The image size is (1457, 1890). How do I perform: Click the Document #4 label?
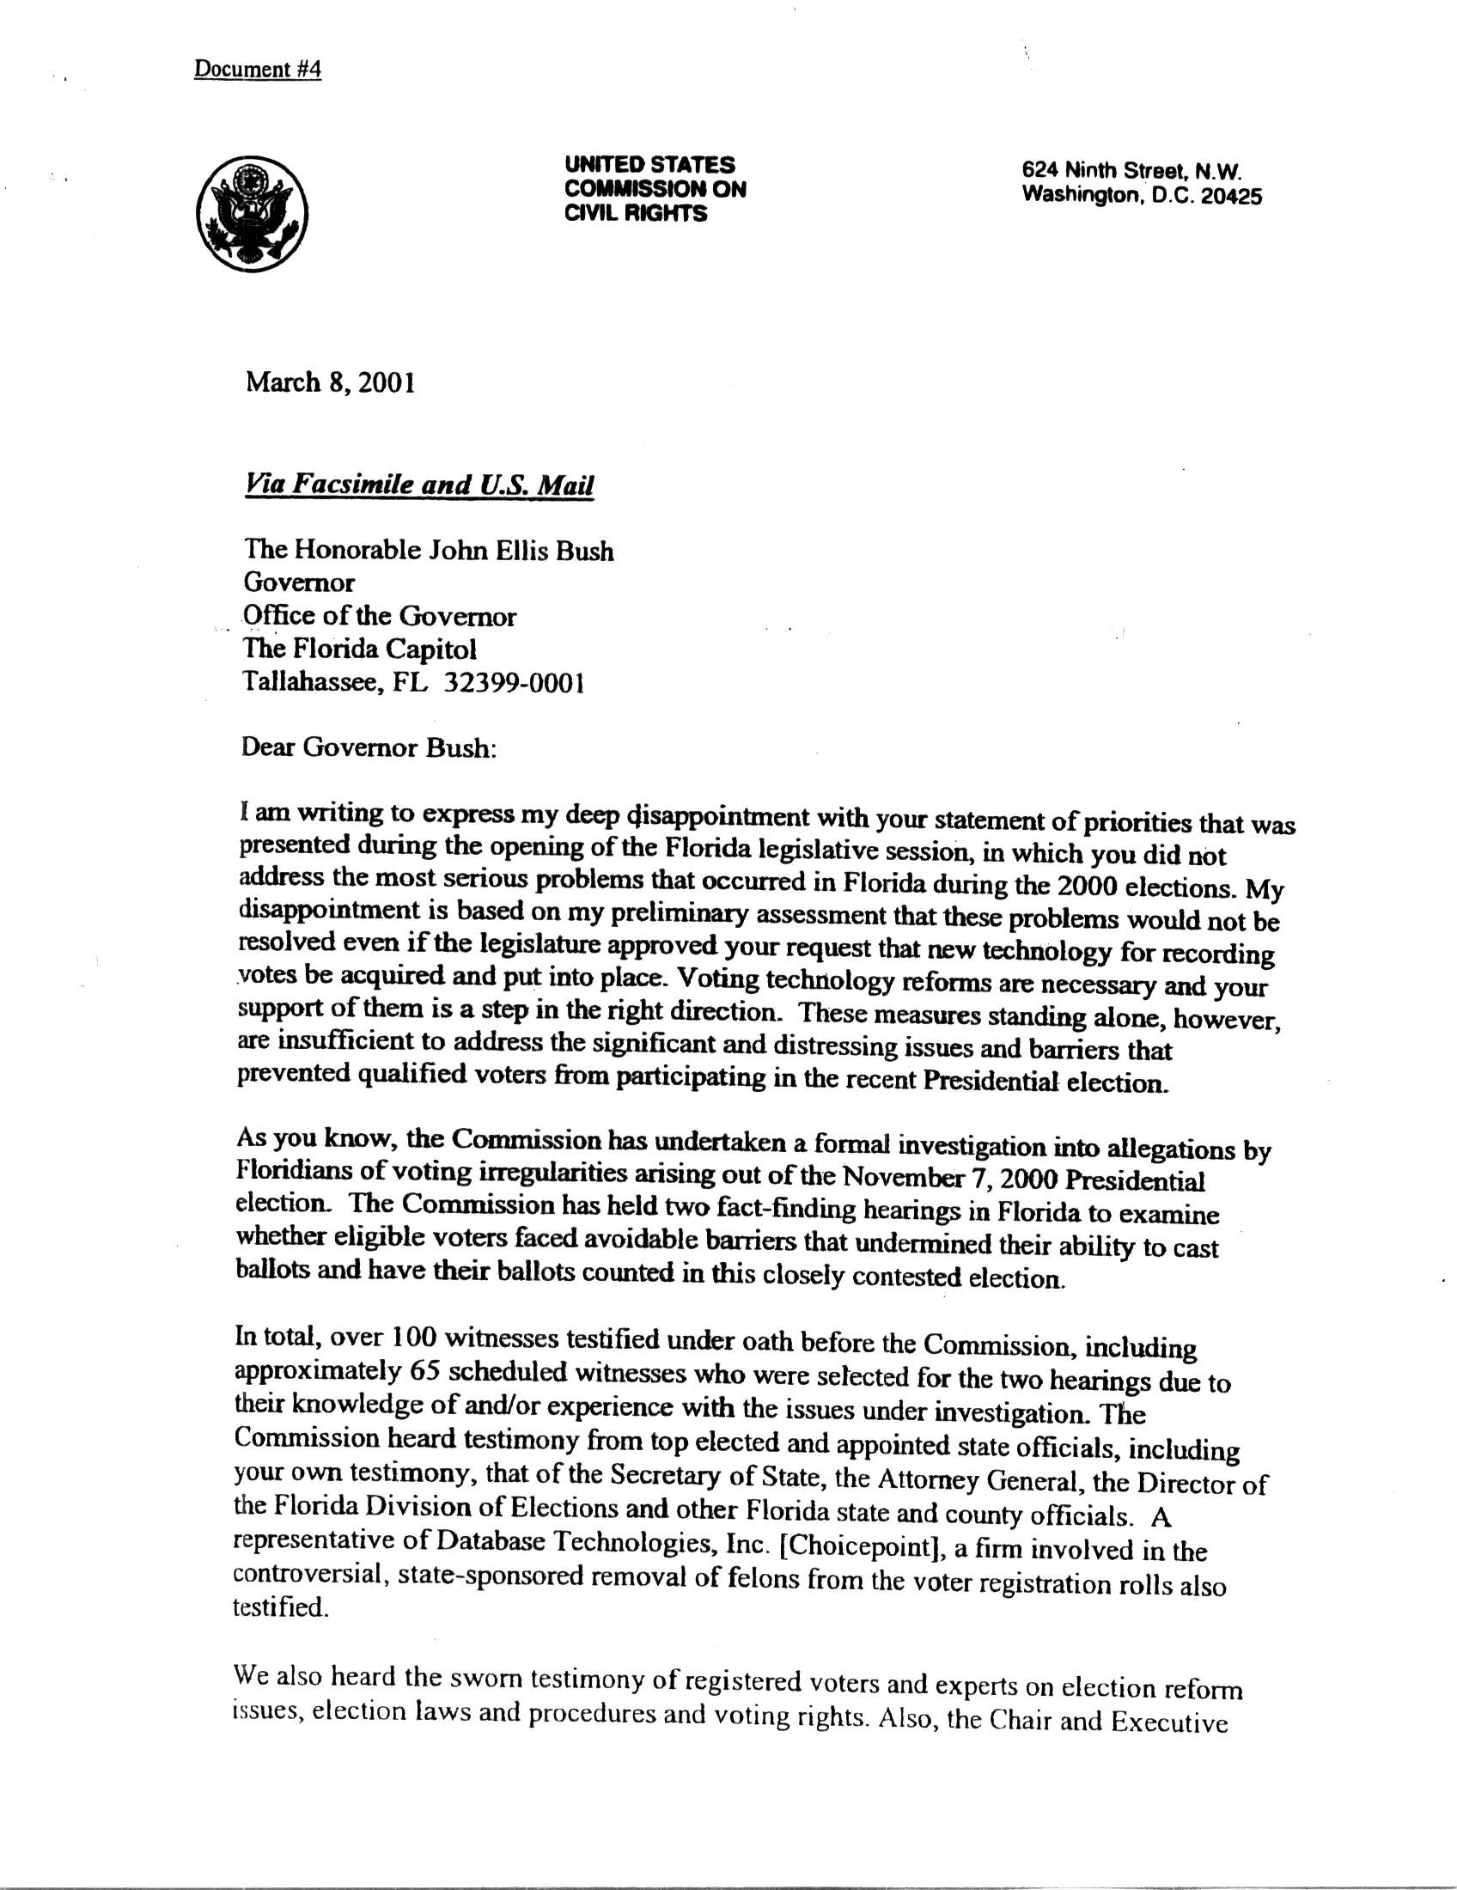pyautogui.click(x=257, y=70)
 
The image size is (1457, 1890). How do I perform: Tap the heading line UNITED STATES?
pyautogui.click(x=649, y=164)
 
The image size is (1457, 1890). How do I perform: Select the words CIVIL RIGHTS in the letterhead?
pyautogui.click(x=636, y=214)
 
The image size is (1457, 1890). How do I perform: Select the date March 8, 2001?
pyautogui.click(x=331, y=382)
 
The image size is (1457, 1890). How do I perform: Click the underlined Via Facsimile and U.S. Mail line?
pyautogui.click(x=419, y=485)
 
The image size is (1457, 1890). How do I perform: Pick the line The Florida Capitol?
pyautogui.click(x=360, y=649)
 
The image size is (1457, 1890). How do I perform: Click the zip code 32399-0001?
pyautogui.click(x=514, y=683)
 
